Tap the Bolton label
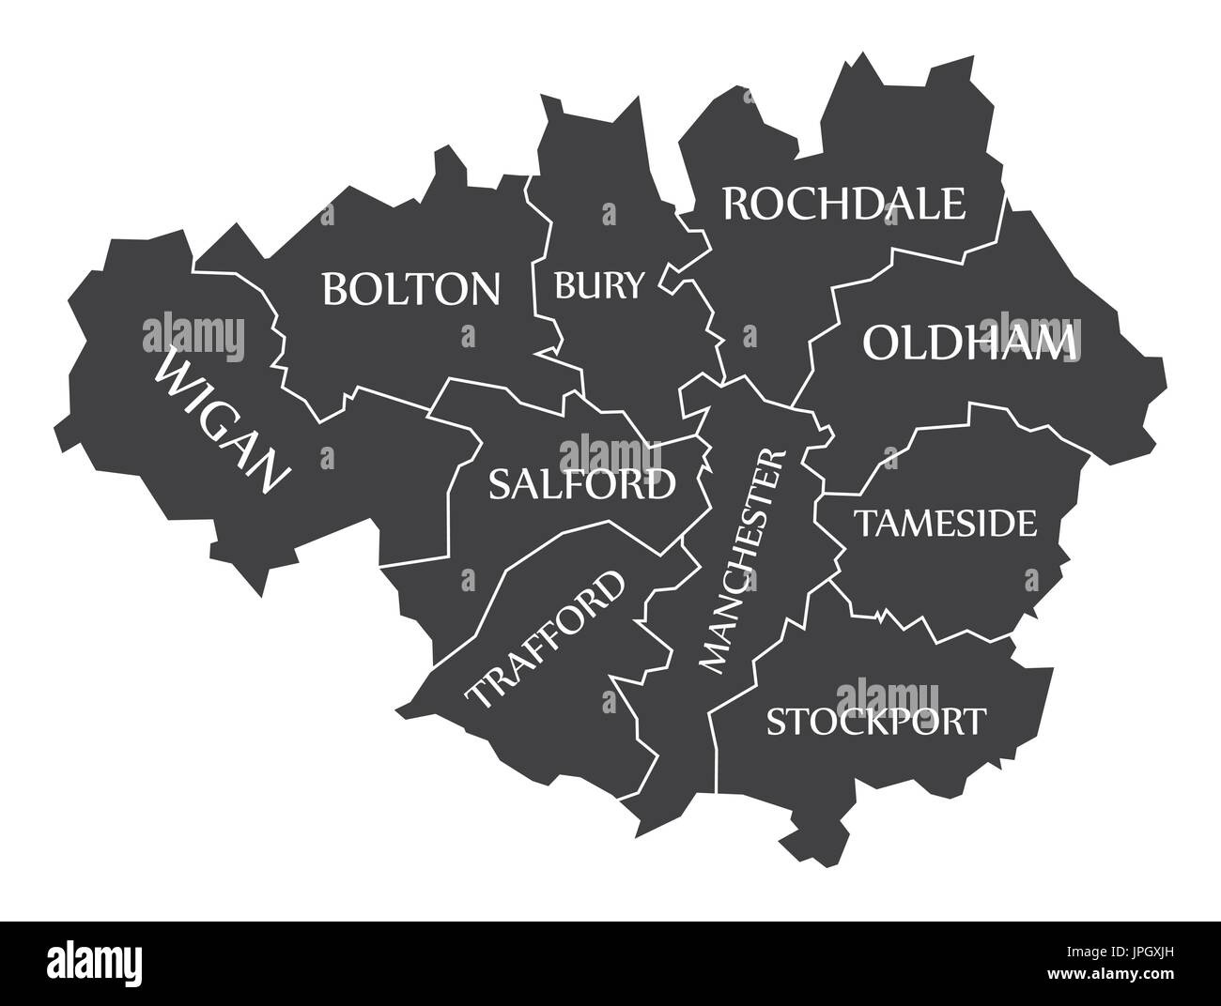click(x=411, y=289)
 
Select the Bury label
click(x=599, y=283)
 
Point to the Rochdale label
click(x=843, y=204)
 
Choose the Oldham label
click(x=967, y=343)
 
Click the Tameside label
click(x=945, y=524)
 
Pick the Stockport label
click(x=876, y=722)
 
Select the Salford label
click(x=581, y=484)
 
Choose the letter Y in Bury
click(x=635, y=283)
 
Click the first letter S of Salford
click(x=500, y=484)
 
